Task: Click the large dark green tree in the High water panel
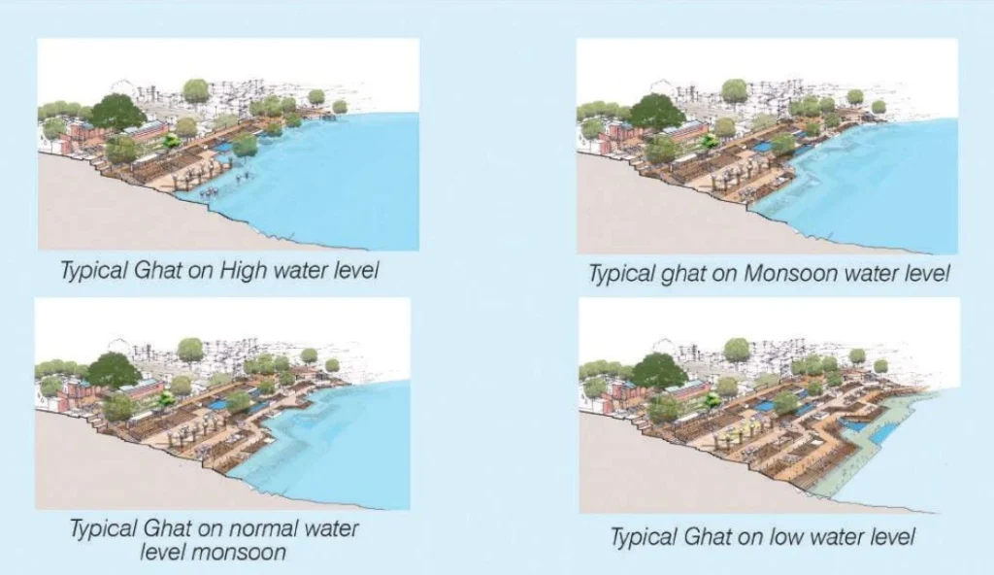117,113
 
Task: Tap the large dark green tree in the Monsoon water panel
657,112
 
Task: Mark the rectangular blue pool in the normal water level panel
216,404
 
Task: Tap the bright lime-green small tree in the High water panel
171,141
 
